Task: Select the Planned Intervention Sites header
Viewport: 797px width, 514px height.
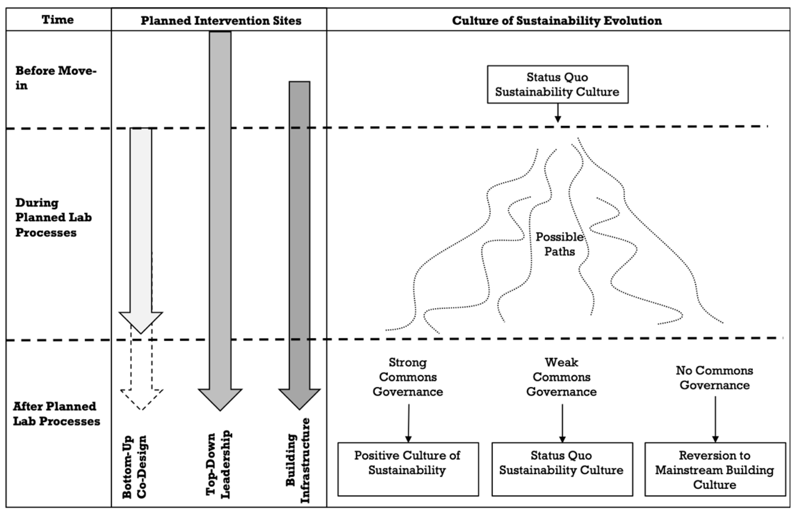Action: click(221, 21)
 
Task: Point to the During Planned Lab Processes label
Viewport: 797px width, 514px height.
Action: click(53, 217)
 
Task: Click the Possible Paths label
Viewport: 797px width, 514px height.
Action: click(560, 244)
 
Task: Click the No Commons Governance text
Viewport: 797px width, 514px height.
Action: click(714, 378)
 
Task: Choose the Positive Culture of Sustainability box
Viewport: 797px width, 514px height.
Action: click(408, 469)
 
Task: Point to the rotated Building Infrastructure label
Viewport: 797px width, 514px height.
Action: click(298, 461)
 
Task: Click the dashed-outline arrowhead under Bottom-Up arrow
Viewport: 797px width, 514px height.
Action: click(141, 399)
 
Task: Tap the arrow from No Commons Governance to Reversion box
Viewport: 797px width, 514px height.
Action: click(715, 419)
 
